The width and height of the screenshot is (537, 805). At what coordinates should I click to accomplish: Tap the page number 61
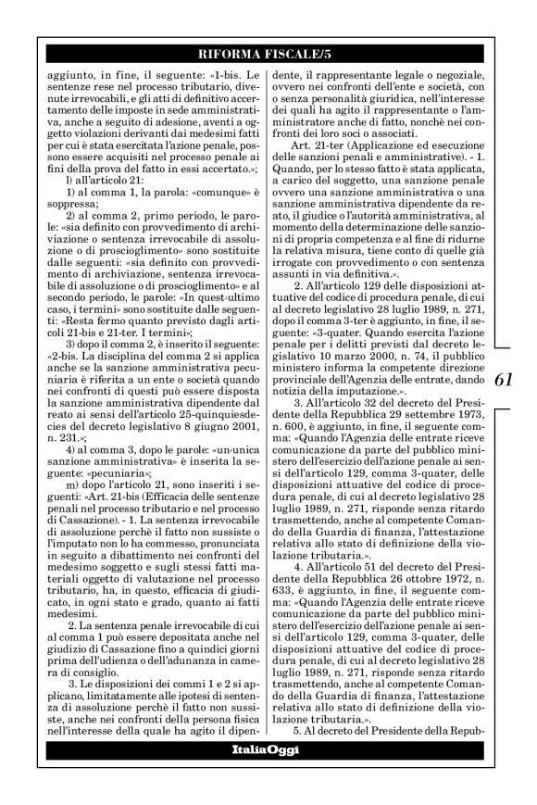(505, 379)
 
